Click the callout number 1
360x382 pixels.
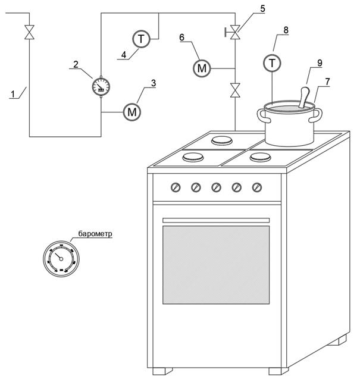pos(12,94)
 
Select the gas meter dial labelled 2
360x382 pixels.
pos(101,86)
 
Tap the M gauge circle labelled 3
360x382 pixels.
pos(132,112)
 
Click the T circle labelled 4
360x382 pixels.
pos(141,39)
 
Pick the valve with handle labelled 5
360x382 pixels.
pos(233,32)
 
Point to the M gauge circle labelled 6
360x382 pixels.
pos(202,68)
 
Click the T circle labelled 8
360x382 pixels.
pos(272,63)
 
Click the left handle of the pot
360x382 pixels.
pos(264,116)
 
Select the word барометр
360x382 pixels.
pos(95,234)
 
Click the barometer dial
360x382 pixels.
pos(61,259)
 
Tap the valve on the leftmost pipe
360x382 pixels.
pos(30,32)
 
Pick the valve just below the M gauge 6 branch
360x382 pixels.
pos(235,90)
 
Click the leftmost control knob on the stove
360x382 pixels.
pos(176,187)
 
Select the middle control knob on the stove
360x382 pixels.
pos(216,187)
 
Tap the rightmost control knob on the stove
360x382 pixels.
pos(257,187)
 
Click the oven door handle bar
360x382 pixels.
pos(216,220)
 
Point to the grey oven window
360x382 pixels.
pos(216,265)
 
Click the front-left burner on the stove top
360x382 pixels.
pos(193,157)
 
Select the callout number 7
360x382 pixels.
pos(327,82)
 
